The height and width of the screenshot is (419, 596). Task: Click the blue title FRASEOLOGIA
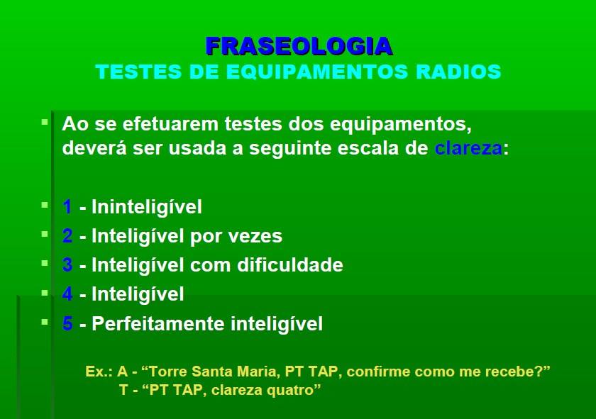[299, 46]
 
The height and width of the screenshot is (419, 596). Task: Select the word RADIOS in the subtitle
[458, 72]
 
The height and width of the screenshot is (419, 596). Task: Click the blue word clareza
[468, 147]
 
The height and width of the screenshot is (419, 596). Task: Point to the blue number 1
[67, 206]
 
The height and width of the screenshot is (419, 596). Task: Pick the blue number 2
[67, 235]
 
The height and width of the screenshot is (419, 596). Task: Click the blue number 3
[67, 264]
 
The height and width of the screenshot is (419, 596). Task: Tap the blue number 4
[67, 294]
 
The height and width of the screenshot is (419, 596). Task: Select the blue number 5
[67, 323]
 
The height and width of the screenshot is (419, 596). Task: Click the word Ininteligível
[147, 206]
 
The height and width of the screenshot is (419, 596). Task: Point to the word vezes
[255, 236]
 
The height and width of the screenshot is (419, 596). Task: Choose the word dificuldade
[290, 264]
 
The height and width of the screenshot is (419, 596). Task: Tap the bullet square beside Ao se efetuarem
[45, 123]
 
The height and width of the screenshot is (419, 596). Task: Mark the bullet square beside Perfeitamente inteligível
[45, 322]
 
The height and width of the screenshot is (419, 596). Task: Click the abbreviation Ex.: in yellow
[99, 371]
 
